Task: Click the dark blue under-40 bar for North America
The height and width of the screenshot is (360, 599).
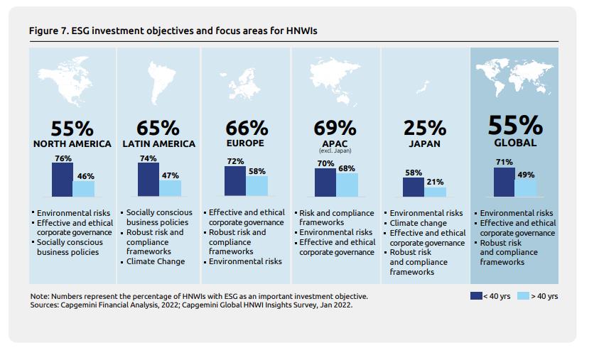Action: pos(62,180)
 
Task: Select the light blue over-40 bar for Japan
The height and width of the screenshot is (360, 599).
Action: pos(435,192)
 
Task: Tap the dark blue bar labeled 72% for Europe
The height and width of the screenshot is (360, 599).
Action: pos(235,181)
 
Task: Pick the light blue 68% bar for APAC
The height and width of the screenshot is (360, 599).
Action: pos(347,185)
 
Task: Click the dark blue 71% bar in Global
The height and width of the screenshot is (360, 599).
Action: pos(504,182)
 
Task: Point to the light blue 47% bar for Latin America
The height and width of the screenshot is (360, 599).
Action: pos(170,188)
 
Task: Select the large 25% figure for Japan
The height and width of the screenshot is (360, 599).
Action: pos(425,128)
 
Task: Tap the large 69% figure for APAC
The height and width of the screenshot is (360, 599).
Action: pos(335,128)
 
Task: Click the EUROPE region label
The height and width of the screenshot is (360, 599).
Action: pos(247,143)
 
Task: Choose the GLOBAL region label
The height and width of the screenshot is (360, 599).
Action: pos(515,143)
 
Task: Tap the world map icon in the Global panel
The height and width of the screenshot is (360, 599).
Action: pos(514,77)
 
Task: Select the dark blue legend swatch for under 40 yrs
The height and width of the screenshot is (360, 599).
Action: pos(476,295)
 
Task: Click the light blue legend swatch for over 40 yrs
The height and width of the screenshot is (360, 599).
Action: pos(522,295)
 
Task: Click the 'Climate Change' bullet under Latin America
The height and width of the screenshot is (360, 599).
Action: pos(156,261)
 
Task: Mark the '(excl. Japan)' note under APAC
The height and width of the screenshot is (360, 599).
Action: pos(335,151)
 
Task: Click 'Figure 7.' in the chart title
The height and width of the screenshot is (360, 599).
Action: pos(48,31)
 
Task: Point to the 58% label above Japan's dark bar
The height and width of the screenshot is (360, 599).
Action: pos(414,173)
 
